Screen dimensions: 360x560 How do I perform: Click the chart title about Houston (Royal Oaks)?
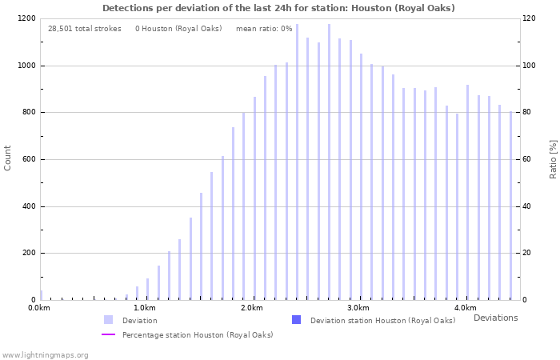point(278,8)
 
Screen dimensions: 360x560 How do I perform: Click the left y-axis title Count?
point(8,158)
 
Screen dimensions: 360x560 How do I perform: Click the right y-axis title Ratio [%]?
point(552,158)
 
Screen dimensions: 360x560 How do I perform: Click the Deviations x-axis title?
point(495,318)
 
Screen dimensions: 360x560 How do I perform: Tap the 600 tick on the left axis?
point(29,159)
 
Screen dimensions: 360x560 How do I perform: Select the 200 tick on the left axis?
point(29,254)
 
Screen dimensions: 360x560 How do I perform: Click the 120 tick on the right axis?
point(530,18)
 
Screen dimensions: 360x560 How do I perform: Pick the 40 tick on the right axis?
point(528,206)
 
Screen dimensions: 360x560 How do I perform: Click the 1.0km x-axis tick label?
point(144,308)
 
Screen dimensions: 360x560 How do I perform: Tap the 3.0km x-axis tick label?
point(358,308)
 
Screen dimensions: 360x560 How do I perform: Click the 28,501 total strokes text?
point(84,29)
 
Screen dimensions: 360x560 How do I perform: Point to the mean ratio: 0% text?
point(264,29)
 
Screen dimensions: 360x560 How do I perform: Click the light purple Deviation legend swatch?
point(108,320)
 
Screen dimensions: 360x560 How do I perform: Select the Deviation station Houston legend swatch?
point(296,320)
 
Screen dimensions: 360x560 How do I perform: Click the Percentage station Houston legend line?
point(108,334)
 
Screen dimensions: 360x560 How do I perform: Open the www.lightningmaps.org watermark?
point(45,354)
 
